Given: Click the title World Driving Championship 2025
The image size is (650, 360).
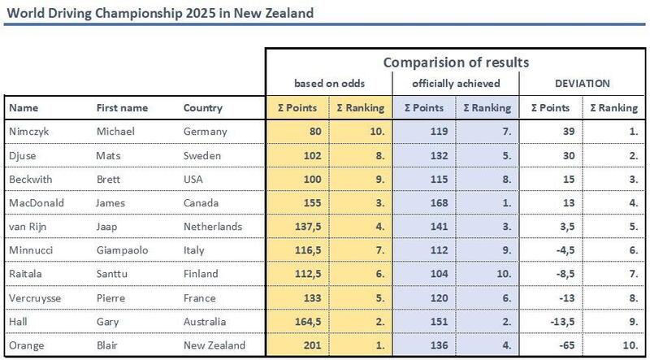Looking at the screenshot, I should pos(161,15).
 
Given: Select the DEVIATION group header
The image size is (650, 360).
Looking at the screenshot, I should pos(582,84).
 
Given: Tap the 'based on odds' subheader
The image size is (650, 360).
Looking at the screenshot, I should pos(328,84).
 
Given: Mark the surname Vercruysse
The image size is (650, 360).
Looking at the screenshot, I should pos(34,298).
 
